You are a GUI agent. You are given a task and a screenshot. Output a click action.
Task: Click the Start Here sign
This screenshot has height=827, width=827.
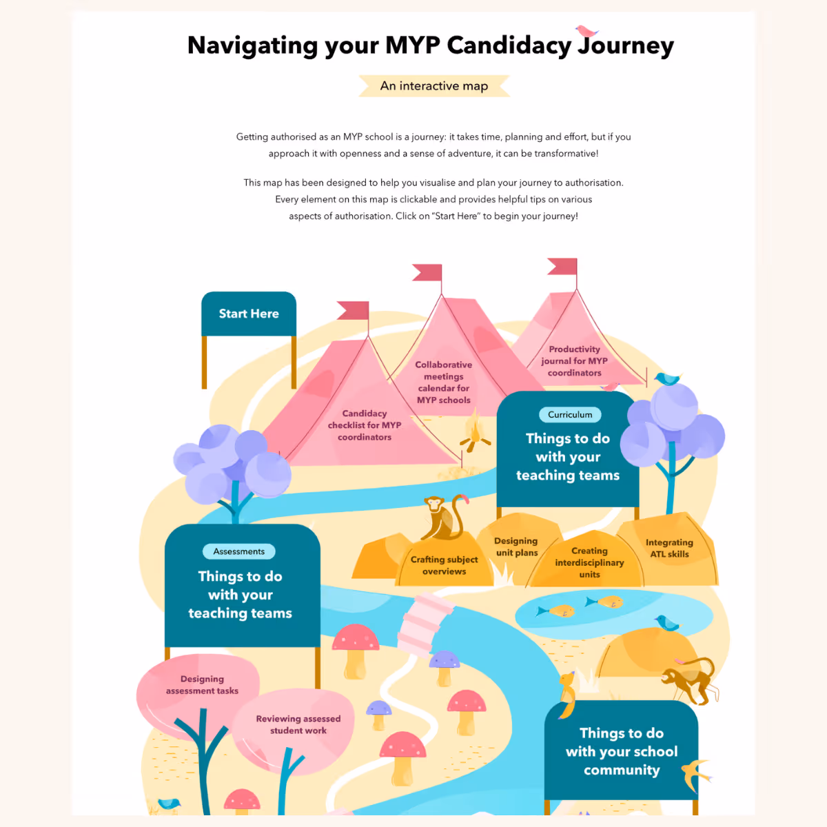[249, 314]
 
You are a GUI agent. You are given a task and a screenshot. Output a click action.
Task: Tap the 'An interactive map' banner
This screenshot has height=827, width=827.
[434, 86]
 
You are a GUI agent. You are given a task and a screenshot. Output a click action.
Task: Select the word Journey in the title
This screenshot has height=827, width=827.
[625, 45]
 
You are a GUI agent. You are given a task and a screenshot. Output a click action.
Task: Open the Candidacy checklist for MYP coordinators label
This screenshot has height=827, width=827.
[365, 425]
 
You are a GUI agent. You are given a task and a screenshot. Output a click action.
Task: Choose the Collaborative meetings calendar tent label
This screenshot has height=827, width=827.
[444, 382]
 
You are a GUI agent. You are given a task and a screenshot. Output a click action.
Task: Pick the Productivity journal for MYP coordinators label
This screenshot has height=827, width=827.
[574, 361]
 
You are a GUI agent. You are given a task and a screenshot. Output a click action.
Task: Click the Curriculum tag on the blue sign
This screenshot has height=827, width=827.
[570, 415]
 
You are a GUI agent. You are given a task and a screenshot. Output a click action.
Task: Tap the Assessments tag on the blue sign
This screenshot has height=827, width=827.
[238, 551]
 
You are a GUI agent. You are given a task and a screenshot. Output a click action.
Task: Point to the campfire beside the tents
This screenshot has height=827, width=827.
[474, 432]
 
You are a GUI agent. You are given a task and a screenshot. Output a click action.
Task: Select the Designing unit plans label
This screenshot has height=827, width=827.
[516, 547]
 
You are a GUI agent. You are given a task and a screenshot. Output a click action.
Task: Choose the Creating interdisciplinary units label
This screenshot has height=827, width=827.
[589, 562]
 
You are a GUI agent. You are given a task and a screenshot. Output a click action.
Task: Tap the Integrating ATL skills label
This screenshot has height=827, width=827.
[669, 548]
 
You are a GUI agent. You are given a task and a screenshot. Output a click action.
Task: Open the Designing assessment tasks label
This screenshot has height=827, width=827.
[202, 684]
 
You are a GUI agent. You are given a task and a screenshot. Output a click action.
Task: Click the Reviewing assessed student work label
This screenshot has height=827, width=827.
[298, 724]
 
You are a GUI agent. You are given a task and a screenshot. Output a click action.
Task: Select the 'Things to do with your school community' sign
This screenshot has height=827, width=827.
[621, 751]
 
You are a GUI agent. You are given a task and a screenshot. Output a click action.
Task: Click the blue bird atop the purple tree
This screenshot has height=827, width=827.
[666, 378]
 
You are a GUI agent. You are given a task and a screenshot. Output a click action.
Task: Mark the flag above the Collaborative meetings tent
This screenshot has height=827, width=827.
[428, 272]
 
